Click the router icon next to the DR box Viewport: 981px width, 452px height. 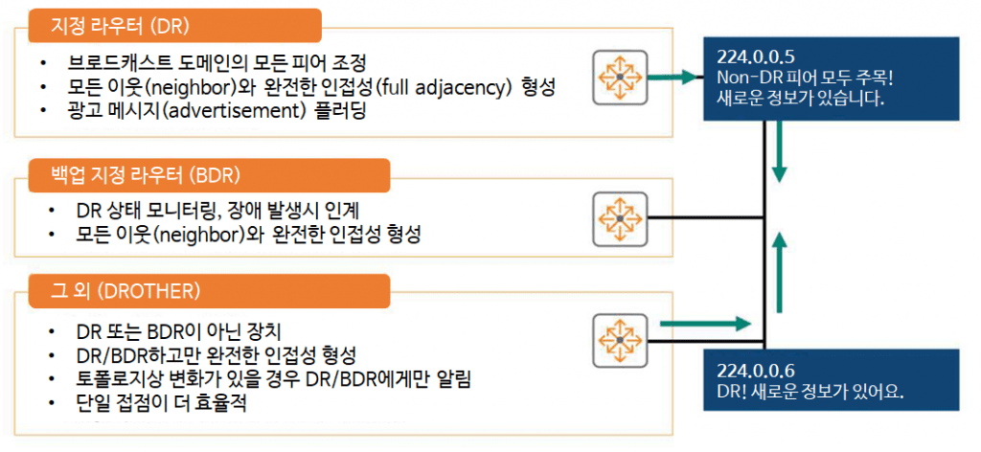[620, 75]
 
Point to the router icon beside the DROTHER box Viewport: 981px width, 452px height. [620, 338]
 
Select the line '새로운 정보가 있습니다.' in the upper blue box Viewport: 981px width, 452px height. [800, 97]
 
